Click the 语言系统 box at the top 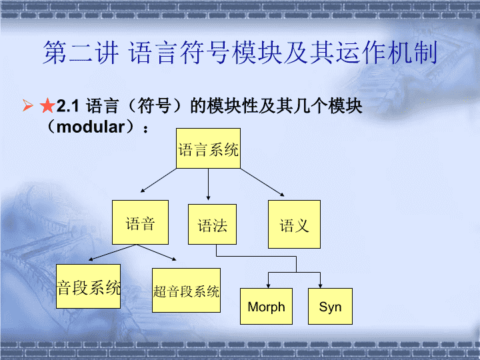point(208,149)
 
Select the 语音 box point(140,222)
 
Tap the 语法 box point(212,225)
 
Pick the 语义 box point(294,225)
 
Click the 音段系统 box point(88,286)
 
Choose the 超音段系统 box point(186,291)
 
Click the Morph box point(266,306)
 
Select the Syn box point(330,306)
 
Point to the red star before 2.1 point(47,105)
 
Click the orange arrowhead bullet point(27,105)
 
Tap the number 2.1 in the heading point(68,106)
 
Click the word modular point(91,127)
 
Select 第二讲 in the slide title point(81,53)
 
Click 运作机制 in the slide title point(387,53)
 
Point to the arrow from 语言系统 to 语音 point(158,180)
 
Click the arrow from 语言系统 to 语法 point(208,184)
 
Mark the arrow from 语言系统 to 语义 point(263,182)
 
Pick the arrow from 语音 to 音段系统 point(112,253)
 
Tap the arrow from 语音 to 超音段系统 point(156,253)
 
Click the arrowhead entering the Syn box point(320,286)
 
